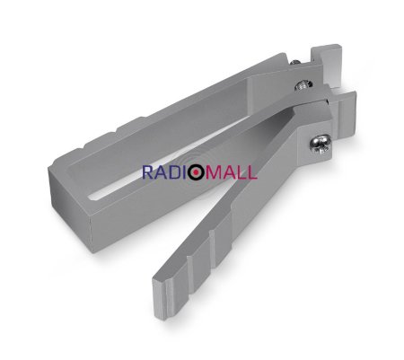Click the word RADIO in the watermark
(x=168, y=171)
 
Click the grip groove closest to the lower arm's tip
(x=194, y=260)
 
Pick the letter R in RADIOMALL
(x=147, y=171)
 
